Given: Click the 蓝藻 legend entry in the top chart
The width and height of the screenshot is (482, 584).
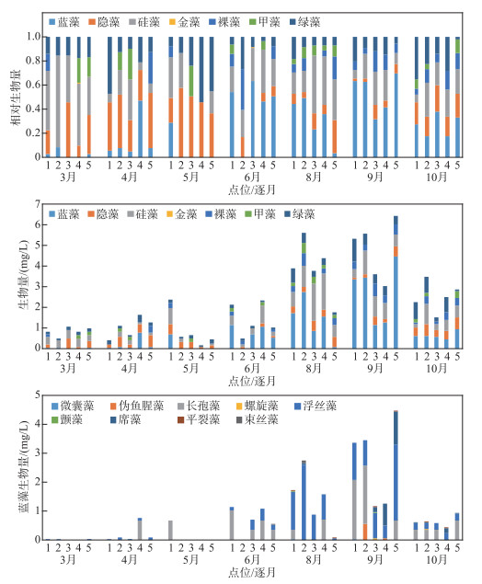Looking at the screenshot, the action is click(64, 22).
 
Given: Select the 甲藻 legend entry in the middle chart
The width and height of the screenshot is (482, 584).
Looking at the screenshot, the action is click(260, 213).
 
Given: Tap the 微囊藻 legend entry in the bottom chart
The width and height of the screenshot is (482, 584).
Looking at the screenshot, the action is click(73, 406).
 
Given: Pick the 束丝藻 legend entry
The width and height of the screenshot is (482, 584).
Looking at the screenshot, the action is click(258, 419).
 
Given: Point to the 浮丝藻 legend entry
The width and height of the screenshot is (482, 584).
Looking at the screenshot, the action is click(316, 406).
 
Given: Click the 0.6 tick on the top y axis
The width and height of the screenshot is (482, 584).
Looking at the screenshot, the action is click(33, 85).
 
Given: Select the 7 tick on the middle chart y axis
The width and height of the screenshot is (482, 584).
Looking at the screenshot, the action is click(37, 204).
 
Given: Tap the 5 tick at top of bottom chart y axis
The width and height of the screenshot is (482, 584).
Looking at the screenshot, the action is click(37, 395).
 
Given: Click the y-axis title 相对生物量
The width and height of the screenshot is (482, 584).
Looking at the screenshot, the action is click(17, 97).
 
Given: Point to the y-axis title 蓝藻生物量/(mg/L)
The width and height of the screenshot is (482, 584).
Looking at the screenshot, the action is click(23, 467).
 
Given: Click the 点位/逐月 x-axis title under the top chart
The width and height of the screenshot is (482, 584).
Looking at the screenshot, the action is click(252, 189).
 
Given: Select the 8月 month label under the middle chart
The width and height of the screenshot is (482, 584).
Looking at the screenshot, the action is click(314, 369).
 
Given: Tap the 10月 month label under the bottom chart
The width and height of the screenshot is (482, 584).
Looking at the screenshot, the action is click(437, 559).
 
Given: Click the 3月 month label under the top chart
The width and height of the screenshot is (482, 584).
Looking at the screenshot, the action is click(68, 177).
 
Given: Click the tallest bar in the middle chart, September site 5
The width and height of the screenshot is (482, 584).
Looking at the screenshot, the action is click(396, 282).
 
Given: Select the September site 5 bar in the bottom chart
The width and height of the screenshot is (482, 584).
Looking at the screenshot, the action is click(396, 475).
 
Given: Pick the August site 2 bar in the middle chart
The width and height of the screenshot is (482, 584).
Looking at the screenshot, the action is click(304, 291).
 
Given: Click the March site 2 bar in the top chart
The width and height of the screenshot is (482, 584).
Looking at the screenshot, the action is click(58, 97).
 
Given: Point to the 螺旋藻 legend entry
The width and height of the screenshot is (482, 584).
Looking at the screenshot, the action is click(258, 406).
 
